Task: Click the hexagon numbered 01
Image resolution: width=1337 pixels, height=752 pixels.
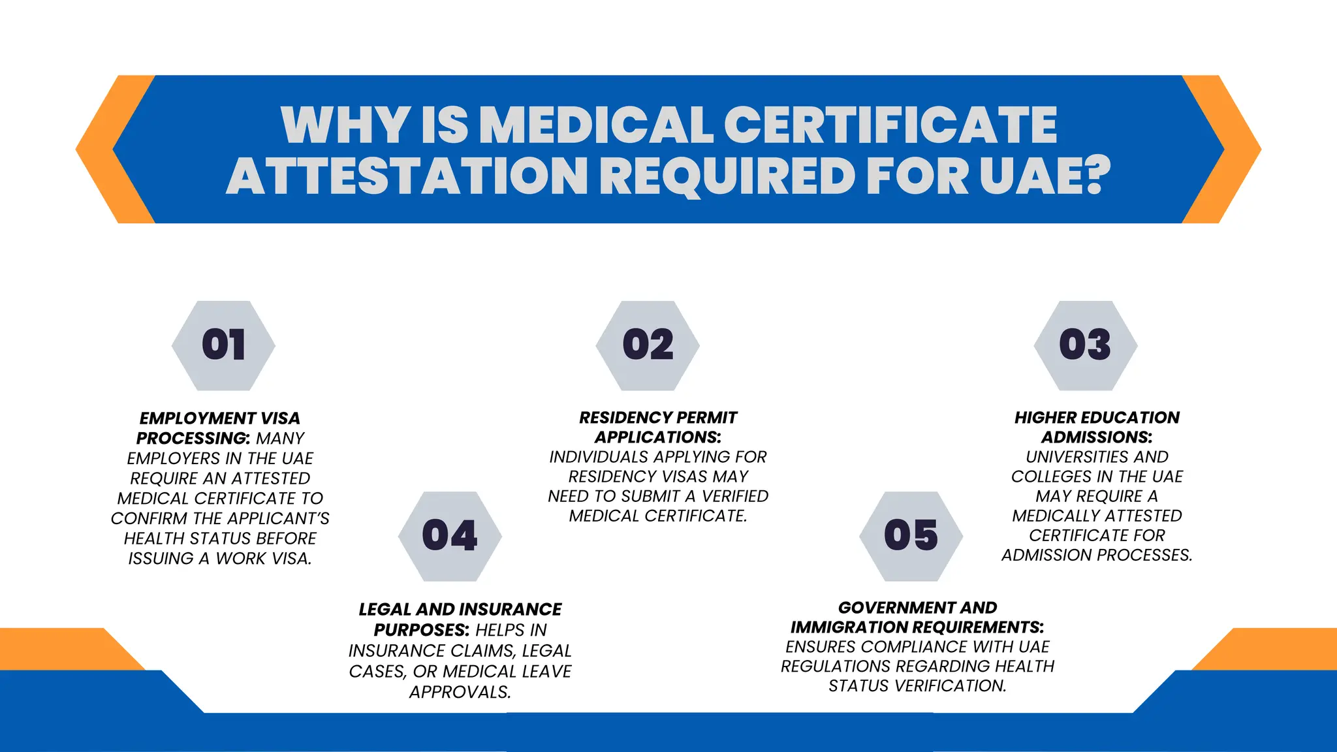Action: click(x=223, y=345)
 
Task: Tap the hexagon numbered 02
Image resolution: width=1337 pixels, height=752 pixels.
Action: click(x=648, y=345)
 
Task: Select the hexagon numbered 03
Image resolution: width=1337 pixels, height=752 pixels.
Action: click(x=1085, y=345)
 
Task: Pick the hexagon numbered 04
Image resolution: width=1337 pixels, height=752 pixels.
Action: click(x=450, y=536)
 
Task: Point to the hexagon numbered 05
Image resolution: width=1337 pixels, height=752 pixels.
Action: click(x=911, y=536)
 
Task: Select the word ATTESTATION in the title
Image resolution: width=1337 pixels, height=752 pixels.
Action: click(x=407, y=176)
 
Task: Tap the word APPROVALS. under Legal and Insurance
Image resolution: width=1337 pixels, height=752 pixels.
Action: click(x=460, y=692)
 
